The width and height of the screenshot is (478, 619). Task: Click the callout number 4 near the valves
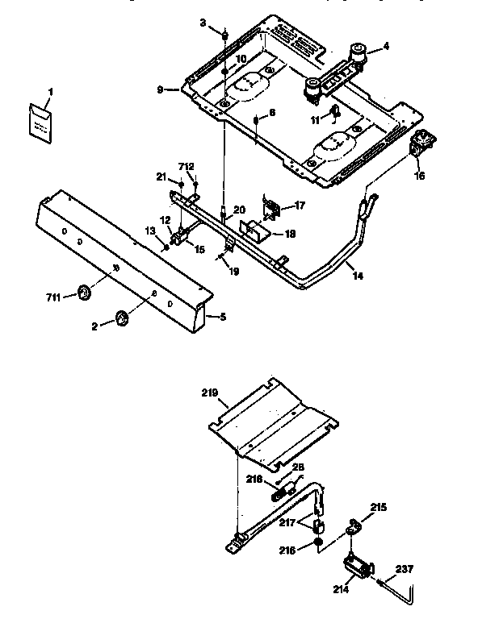(x=385, y=47)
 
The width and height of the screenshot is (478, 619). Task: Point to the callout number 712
(x=187, y=166)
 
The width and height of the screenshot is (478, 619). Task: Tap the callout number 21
(x=161, y=177)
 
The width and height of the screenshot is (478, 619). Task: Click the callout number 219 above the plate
(x=210, y=393)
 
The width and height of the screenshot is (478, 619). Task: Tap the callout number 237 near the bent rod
(x=405, y=570)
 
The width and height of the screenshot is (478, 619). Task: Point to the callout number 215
(x=378, y=508)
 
